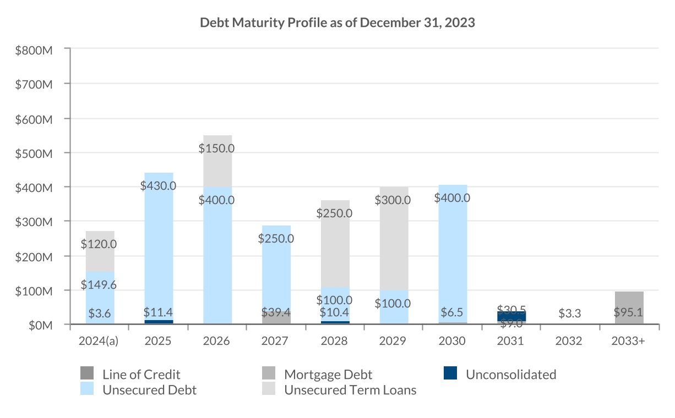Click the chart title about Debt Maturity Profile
pos(337,23)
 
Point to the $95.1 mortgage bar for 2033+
pos(629,307)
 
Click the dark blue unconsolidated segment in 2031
pos(511,316)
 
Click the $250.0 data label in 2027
pos(276,239)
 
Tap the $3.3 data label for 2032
pos(570,313)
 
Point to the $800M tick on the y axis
pos(35,50)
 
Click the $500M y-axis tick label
pos(35,153)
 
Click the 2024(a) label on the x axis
pos(100,341)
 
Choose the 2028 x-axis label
pos(335,341)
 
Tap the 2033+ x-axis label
pos(629,341)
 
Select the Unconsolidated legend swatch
pos(450,373)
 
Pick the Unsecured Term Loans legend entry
pos(350,390)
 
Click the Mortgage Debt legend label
pos(328,375)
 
